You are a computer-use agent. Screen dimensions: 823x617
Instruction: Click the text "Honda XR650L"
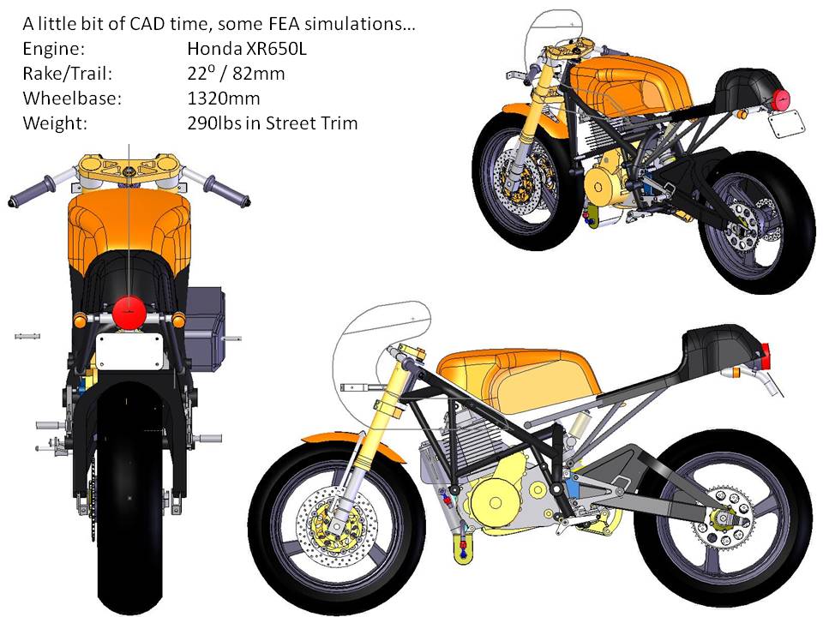[246, 49]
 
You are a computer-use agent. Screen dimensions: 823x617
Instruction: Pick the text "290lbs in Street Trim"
[272, 123]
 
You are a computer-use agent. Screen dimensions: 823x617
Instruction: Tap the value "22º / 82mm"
[235, 74]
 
